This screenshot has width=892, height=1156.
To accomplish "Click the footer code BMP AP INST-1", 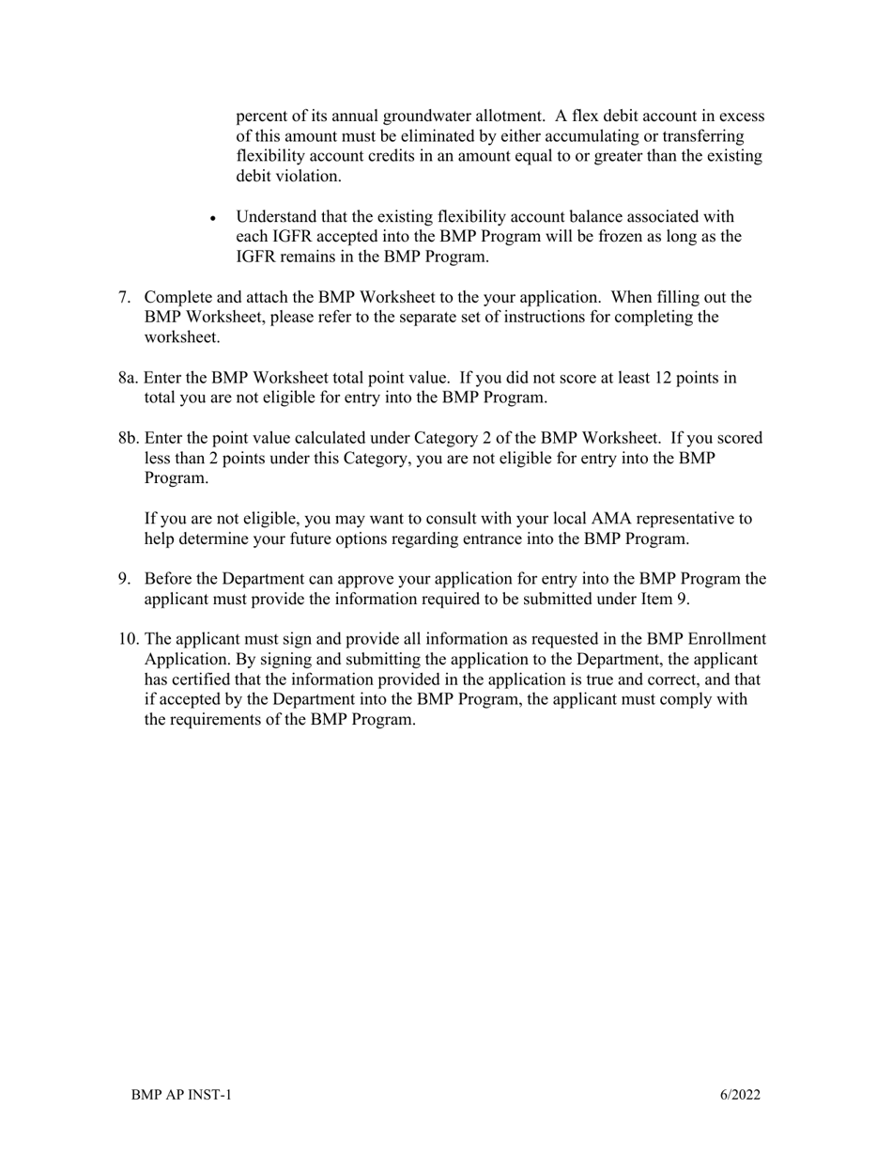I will tap(181, 1095).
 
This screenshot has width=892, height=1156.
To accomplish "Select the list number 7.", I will tap(124, 298).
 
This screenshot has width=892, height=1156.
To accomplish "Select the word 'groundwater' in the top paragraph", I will tap(431, 117).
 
